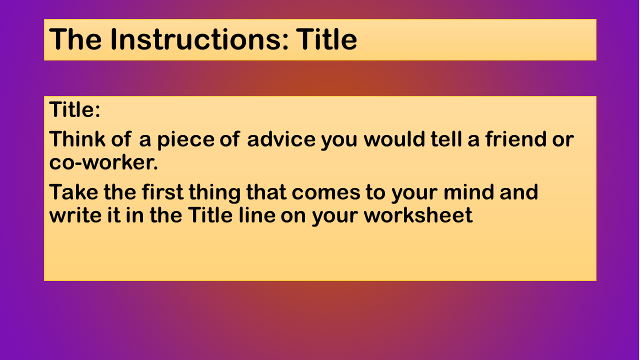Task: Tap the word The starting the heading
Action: point(75,39)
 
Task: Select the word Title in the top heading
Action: point(326,39)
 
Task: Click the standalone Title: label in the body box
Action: point(75,109)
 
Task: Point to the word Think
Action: point(77,139)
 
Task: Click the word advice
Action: point(281,139)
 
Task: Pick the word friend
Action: point(515,139)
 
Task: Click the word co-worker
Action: point(103,162)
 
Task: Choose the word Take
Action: point(73,191)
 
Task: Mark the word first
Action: point(162,191)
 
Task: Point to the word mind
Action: point(468,191)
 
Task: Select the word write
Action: point(75,215)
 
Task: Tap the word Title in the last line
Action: point(210,215)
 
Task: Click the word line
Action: point(257,215)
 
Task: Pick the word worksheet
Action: point(418,215)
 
